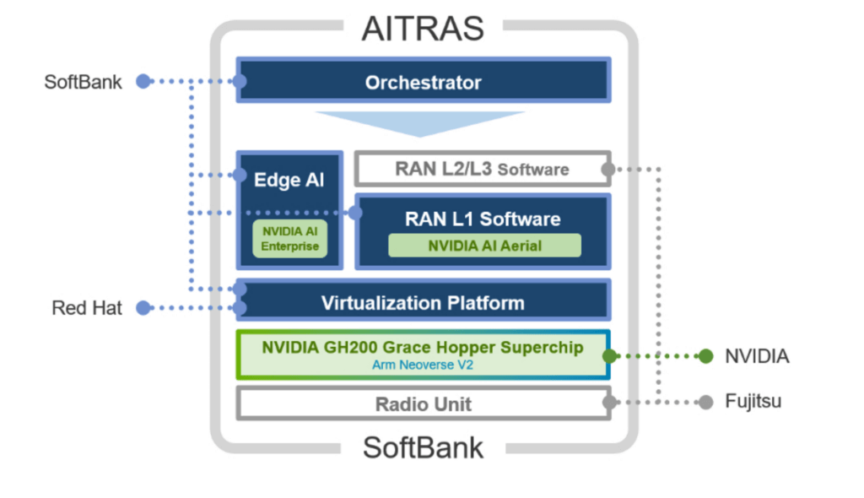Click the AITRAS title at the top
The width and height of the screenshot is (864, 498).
(423, 28)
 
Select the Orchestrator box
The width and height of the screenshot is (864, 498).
(423, 82)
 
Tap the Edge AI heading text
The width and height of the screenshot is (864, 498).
(289, 180)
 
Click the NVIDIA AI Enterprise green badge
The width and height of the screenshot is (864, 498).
(289, 238)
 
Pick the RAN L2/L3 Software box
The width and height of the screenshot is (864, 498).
(482, 169)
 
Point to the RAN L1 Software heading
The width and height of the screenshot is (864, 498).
(483, 219)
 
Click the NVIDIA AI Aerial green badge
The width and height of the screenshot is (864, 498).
(484, 246)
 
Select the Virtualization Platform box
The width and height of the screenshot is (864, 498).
(423, 302)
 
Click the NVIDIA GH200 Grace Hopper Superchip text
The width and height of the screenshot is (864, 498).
(423, 348)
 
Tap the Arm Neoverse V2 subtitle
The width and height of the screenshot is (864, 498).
(423, 365)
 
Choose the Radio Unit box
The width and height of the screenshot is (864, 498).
(423, 403)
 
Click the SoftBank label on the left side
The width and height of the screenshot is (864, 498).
(83, 82)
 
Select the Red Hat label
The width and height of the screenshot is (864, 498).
(87, 308)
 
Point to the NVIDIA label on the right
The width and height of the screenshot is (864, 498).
(757, 356)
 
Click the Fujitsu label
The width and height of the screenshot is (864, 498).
(753, 402)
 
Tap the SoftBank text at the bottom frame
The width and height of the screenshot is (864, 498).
(423, 447)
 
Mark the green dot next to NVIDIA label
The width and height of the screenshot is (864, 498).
(705, 356)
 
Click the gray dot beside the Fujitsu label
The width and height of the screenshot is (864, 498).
(705, 402)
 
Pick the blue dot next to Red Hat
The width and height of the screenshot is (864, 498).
(143, 308)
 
